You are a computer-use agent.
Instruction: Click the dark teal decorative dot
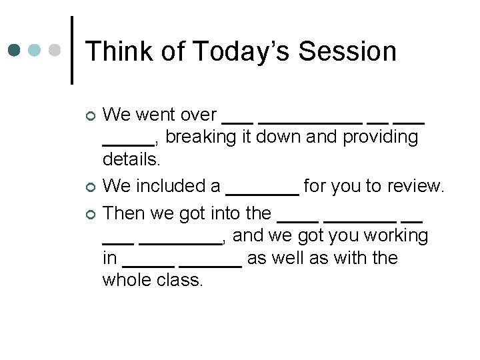[x=14, y=51]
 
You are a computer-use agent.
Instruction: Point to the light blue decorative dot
[x=35, y=51]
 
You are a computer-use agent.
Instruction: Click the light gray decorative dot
[x=55, y=51]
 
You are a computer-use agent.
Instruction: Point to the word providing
[x=380, y=138]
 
